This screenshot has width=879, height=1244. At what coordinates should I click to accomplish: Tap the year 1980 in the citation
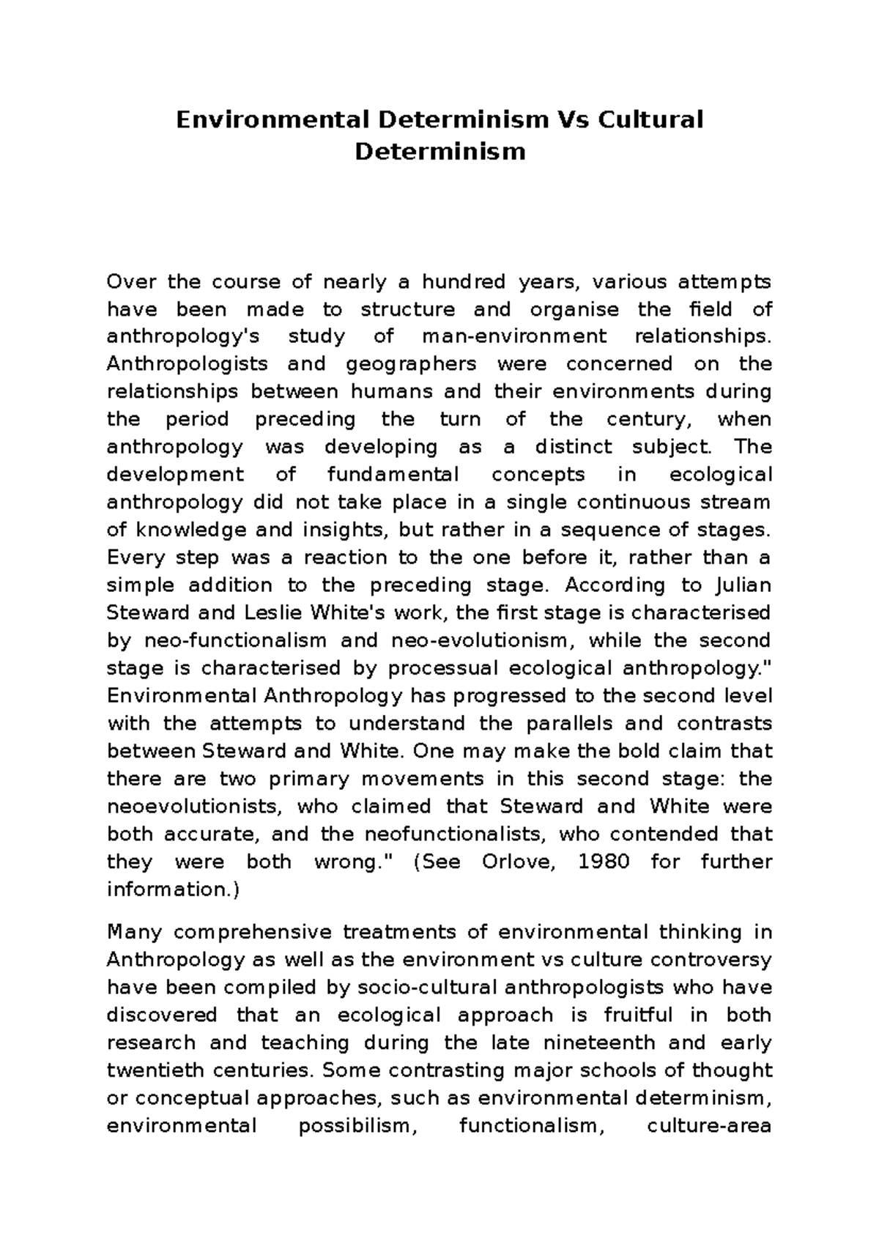pos(604,862)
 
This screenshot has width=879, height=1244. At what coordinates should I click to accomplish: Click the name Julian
pos(741,585)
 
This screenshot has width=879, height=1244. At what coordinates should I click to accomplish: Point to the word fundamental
pos(393,475)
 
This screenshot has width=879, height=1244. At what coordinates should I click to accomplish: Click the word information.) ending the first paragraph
pos(173,889)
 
